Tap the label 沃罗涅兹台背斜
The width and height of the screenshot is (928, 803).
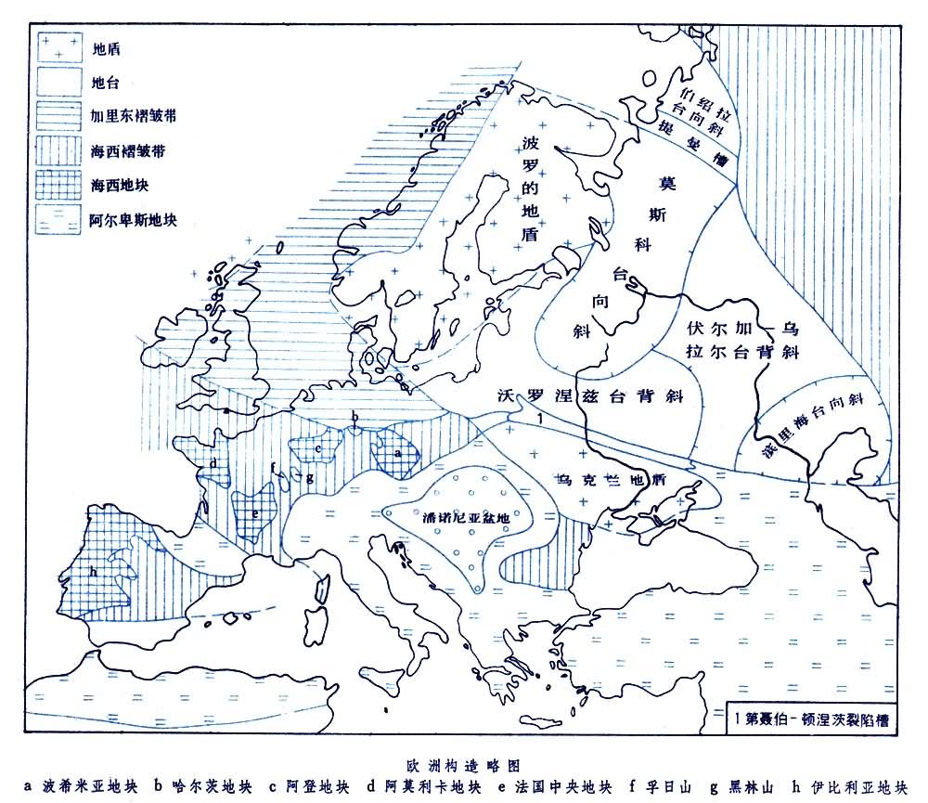tap(590, 396)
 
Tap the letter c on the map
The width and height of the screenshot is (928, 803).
tap(318, 449)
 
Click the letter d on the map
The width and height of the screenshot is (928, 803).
tap(213, 461)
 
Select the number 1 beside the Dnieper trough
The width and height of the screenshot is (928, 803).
tap(539, 420)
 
